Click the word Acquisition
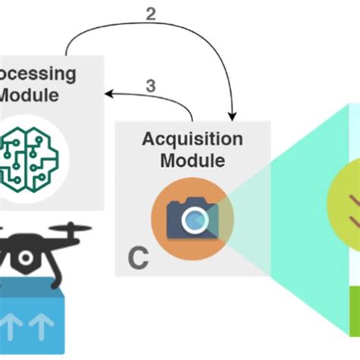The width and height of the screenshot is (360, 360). [192, 140]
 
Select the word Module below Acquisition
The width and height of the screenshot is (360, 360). [192, 160]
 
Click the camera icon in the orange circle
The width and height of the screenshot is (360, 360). [192, 217]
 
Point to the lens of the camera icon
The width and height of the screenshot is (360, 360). [196, 219]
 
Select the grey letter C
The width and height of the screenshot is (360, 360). [137, 258]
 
